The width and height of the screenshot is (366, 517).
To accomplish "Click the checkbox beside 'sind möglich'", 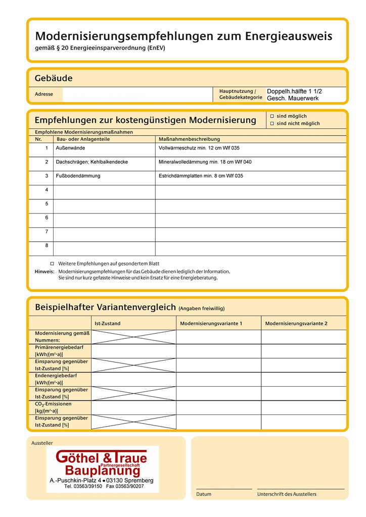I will point(272,116).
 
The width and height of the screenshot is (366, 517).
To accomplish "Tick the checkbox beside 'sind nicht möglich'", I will point(272,124).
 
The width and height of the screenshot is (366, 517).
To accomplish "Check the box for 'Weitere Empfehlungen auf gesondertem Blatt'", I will point(52,264).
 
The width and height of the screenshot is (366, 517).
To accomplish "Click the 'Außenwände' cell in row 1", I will point(70,148).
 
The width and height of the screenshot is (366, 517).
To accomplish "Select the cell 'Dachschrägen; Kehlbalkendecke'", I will point(91,162).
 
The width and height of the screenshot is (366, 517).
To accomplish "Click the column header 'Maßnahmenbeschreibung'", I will point(189,139).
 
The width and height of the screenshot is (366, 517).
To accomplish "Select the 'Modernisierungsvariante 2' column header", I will point(296,323).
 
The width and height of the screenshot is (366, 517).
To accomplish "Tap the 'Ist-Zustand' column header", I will point(108,323).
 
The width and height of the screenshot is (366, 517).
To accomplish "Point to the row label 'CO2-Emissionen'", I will point(53,404).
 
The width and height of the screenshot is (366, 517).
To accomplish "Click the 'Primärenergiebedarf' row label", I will point(59,347).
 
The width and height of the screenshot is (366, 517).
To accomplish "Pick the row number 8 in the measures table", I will point(47,246).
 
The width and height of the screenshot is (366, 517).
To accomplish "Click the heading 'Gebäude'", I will point(54,78).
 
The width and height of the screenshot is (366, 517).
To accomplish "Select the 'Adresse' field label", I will point(44,94).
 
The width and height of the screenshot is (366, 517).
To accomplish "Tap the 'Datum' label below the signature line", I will point(204,494).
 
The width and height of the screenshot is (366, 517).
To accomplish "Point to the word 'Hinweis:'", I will point(44,271).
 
